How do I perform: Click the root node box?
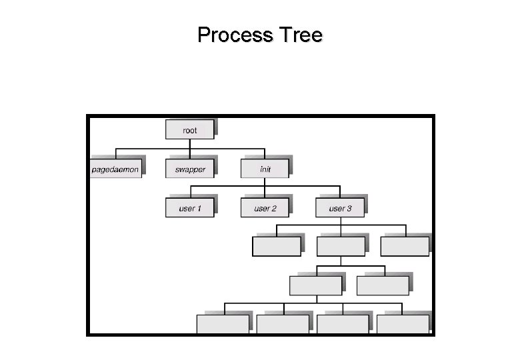coord(190,130)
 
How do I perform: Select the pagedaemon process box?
coord(115,169)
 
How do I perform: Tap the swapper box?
coord(190,169)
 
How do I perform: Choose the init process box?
coord(265,169)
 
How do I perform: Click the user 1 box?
coord(190,208)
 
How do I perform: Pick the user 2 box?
coord(265,208)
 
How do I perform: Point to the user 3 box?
coord(340,208)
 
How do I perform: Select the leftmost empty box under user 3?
coord(276,247)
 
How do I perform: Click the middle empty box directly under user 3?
coord(341,247)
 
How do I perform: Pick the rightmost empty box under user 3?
coord(405,247)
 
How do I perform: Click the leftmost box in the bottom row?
coord(223,324)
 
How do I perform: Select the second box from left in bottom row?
coord(283,324)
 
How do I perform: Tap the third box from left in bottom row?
coord(343,324)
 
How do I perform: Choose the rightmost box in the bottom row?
coord(403,324)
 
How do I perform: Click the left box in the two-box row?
coord(315,285)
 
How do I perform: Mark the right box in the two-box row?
coord(383,285)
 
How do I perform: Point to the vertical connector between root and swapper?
coord(190,152)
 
